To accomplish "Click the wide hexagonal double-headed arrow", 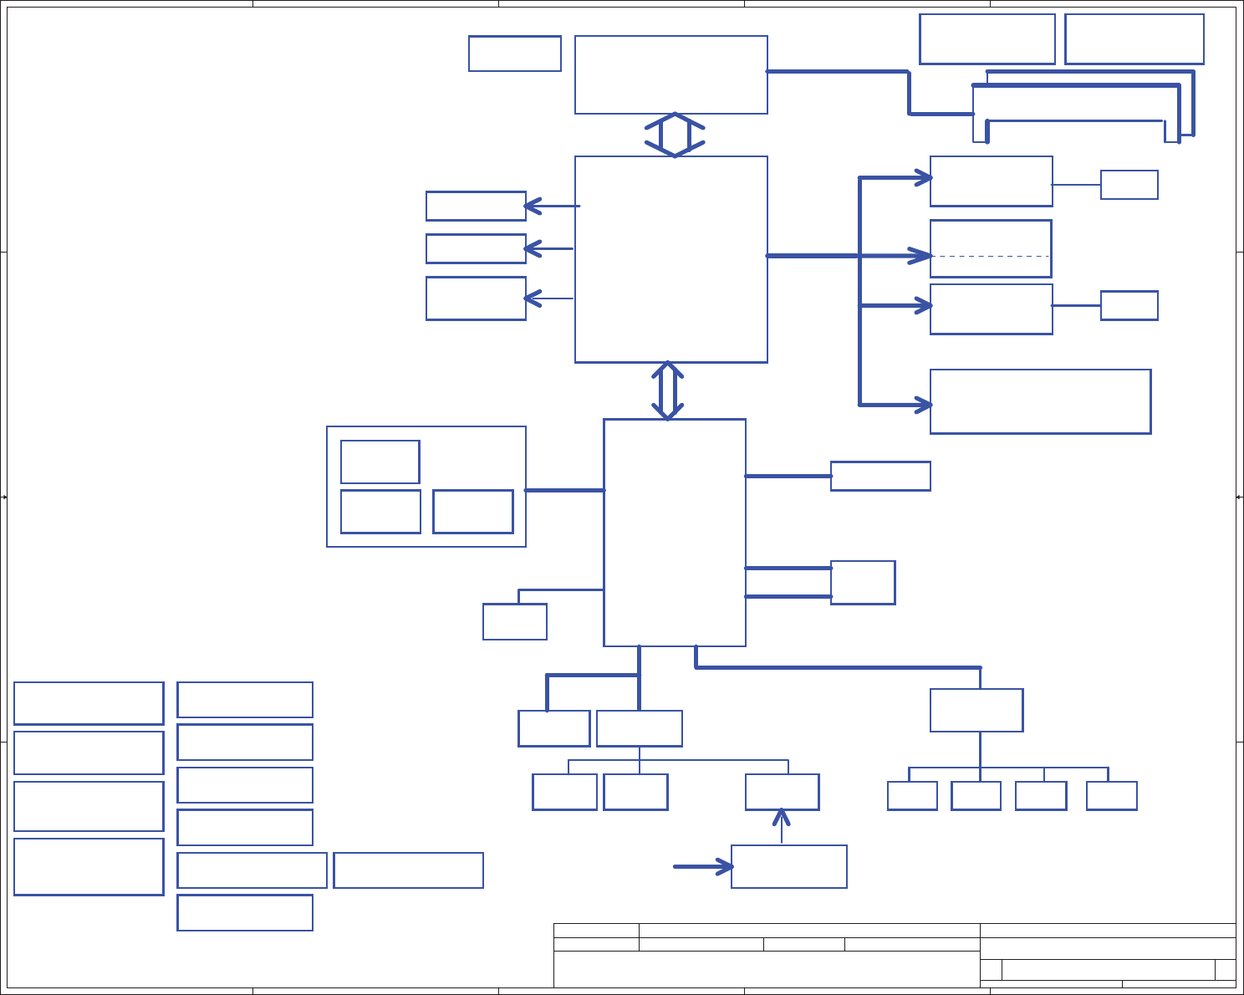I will (675, 135).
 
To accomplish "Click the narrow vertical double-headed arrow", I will (667, 390).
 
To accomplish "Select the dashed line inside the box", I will (991, 256).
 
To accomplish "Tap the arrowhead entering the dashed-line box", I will (923, 256).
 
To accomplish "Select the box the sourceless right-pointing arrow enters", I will (788, 866).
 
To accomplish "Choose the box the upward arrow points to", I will (782, 792).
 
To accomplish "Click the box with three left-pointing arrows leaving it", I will (670, 259).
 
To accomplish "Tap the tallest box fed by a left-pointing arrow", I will (476, 298).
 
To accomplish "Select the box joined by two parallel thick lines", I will (863, 582).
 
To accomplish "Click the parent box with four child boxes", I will (976, 710).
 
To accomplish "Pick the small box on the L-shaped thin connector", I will (515, 621).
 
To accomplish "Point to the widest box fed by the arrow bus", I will (1040, 401).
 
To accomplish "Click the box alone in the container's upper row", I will (380, 462).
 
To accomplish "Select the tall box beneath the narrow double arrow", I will (674, 532).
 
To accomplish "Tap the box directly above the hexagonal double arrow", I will (670, 74).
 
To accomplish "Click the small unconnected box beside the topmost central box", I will (514, 54).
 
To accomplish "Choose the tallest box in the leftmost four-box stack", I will (89, 866).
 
